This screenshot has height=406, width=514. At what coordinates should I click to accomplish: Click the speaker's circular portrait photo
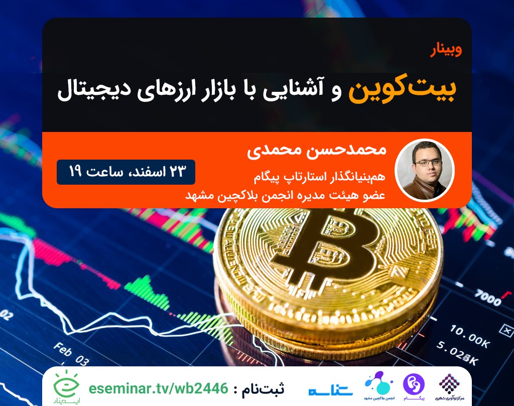coord(425,170)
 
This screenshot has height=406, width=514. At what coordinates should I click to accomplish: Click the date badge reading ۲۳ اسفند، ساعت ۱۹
coord(125,172)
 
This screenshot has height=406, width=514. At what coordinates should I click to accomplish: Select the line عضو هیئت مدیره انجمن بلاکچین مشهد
coord(285,194)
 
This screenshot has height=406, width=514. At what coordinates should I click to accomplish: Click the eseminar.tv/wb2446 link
coord(158,388)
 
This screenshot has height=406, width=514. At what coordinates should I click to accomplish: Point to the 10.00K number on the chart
coord(470,331)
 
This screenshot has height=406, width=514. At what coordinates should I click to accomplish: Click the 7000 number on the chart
coord(487,297)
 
